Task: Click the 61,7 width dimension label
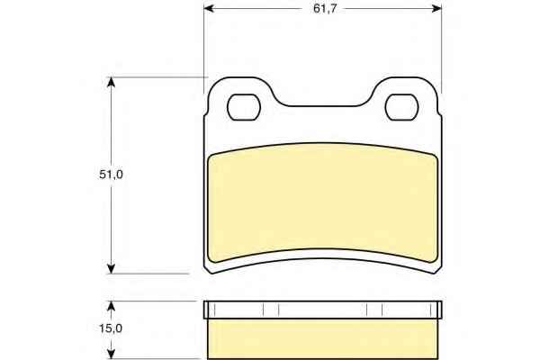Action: pyautogui.click(x=325, y=9)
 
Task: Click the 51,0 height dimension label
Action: pyautogui.click(x=111, y=175)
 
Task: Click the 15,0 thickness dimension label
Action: pyautogui.click(x=111, y=328)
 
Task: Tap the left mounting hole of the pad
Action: pyautogui.click(x=244, y=107)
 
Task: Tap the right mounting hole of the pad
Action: pyautogui.click(x=401, y=107)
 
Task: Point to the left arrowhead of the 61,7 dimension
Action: pyautogui.click(x=209, y=9)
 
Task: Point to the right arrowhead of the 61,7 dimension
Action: pyautogui.click(x=436, y=9)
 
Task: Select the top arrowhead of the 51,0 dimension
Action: pyautogui.click(x=111, y=82)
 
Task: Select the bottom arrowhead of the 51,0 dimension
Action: pyautogui.click(x=111, y=269)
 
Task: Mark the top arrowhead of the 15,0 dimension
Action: pyautogui.click(x=111, y=307)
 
